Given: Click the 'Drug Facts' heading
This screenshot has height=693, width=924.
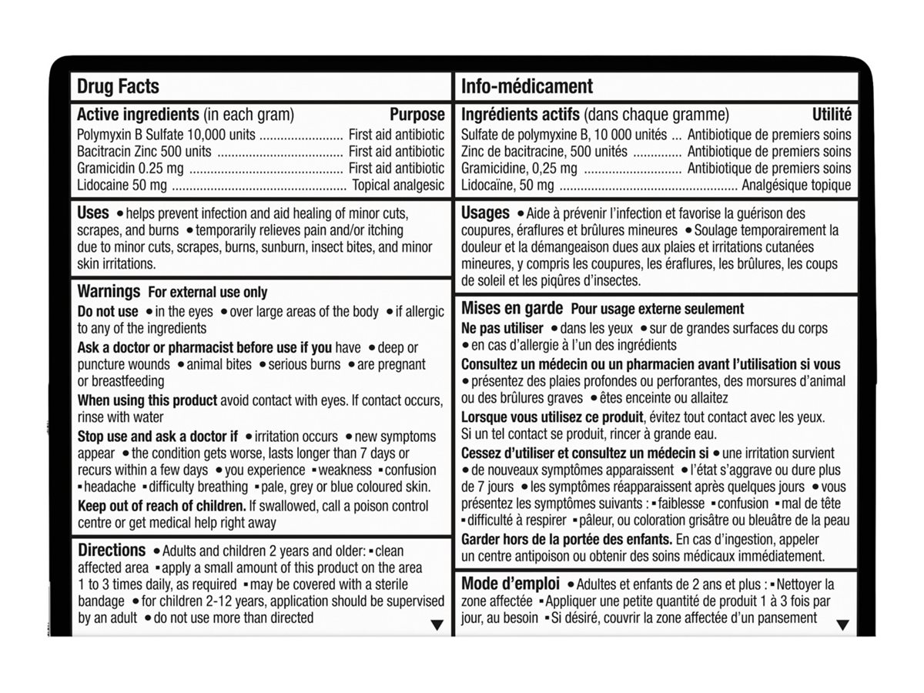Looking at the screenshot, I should click(118, 86).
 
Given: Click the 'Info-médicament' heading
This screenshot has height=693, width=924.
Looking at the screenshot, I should click(527, 86).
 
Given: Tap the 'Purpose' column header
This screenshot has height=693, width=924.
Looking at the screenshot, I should click(417, 115).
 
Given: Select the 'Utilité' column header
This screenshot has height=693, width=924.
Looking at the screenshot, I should click(832, 115).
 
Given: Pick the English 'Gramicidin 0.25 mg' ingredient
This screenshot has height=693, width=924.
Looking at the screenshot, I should click(129, 168).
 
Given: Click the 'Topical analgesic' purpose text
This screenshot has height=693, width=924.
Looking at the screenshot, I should click(398, 185).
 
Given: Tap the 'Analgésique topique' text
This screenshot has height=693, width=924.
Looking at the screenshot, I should click(796, 185).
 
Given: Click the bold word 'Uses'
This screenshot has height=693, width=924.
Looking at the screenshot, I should click(93, 213).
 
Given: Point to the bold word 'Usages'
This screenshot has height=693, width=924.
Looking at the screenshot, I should click(485, 213).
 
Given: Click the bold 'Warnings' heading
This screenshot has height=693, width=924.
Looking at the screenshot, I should click(109, 292).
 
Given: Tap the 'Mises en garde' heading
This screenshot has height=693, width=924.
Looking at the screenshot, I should click(511, 308).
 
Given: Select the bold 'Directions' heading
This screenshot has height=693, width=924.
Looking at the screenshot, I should click(112, 551).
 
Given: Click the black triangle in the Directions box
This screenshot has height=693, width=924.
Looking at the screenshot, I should click(437, 624).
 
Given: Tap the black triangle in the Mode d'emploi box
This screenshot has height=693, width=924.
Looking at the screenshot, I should click(842, 624).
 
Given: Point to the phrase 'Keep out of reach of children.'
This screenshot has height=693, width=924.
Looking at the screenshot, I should click(161, 506).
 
